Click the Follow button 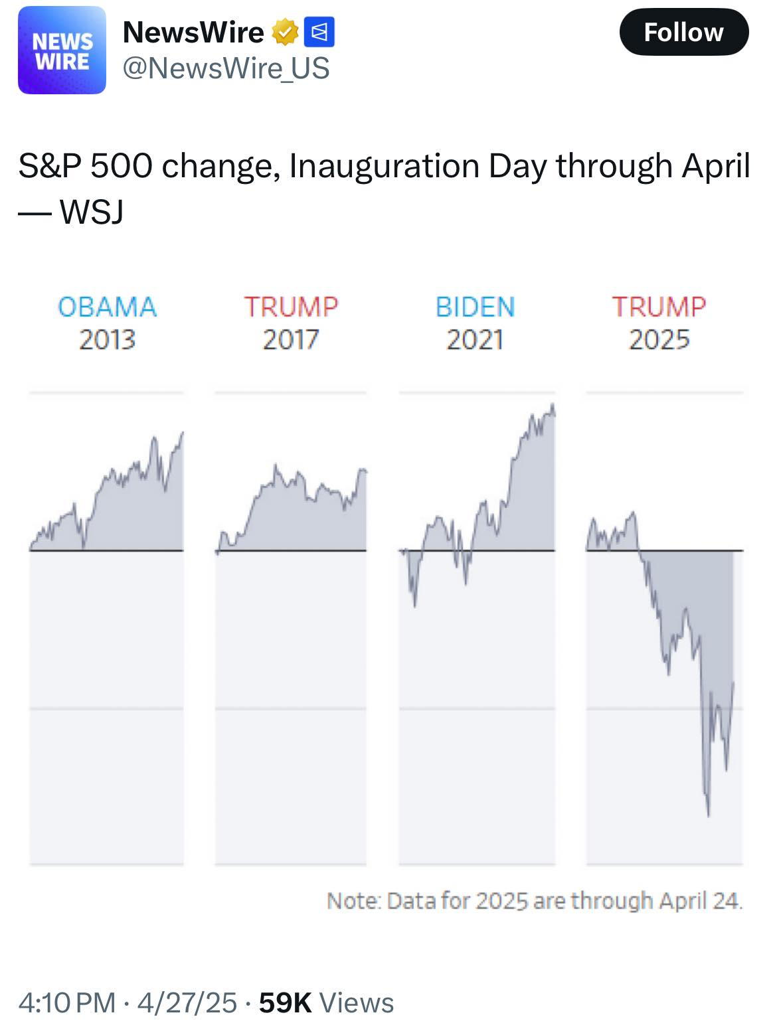[x=683, y=32]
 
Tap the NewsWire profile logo [x=62, y=50]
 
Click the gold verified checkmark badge [x=285, y=33]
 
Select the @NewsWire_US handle [x=226, y=68]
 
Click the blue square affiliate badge [x=319, y=33]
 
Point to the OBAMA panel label [x=107, y=307]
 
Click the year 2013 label [x=107, y=340]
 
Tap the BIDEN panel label [x=475, y=307]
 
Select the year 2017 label [x=291, y=340]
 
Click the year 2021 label [x=475, y=340]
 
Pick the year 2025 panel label [x=659, y=340]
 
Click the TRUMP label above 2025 [x=659, y=307]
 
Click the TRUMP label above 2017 [x=291, y=307]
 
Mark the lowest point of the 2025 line [x=709, y=815]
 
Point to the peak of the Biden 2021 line [x=553, y=405]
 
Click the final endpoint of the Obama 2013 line [x=183, y=433]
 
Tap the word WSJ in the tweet [x=92, y=212]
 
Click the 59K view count [x=285, y=1002]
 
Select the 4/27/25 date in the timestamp [x=187, y=1002]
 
